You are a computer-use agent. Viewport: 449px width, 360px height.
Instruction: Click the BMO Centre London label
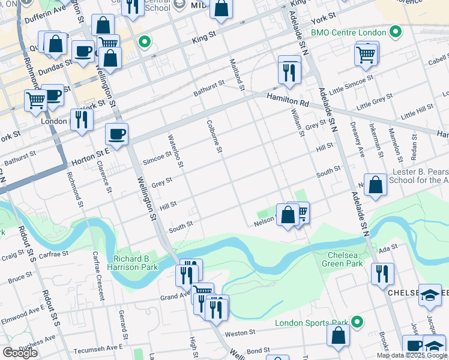coord(348,31)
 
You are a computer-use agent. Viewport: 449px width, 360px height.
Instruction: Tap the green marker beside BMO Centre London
coord(396,31)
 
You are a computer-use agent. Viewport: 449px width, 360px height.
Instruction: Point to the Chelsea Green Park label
coord(345,259)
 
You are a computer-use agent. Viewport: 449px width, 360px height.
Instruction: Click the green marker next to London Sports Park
coord(357,323)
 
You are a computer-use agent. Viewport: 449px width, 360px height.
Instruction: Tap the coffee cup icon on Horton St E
coord(116,134)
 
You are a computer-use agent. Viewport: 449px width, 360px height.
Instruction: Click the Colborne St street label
coord(215,136)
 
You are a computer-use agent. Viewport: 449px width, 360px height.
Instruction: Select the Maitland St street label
coord(238,74)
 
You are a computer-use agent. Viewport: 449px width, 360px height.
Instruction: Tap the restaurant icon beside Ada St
coord(382,273)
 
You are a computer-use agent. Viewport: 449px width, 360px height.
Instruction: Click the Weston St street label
coord(240,332)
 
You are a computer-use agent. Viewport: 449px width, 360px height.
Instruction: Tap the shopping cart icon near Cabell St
coord(366,54)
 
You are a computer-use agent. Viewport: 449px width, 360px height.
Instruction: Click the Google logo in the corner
coord(20,353)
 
